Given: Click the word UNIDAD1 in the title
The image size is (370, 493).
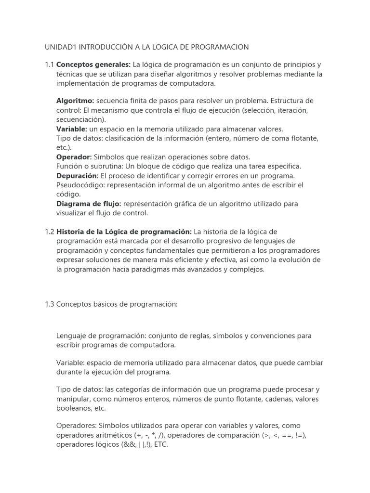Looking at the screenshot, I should tap(61, 47).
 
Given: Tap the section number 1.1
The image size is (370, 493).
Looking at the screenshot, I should tap(50, 65).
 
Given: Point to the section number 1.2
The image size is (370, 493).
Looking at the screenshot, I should tap(50, 232).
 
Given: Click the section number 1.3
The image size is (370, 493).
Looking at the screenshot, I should tap(50, 304).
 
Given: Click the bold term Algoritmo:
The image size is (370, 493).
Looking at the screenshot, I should tap(75, 101).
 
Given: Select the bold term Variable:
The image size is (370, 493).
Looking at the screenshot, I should tap(72, 129).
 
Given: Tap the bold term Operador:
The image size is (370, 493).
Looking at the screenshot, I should tap(74, 157).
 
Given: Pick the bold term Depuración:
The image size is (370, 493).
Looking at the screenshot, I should tap(78, 176).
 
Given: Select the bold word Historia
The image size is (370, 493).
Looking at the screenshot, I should tap(71, 232).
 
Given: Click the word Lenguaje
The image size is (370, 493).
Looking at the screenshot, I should tap(71, 335).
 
